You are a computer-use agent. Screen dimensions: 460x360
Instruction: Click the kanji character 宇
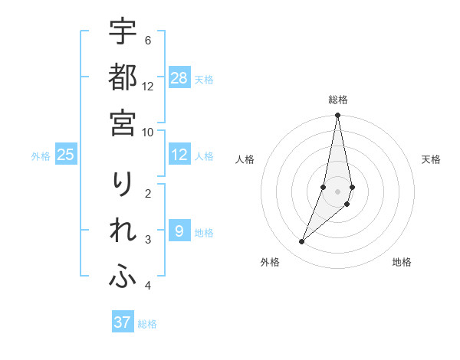123,32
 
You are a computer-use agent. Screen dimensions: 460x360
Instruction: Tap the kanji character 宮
123,122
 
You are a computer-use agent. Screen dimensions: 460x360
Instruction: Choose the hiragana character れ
123,232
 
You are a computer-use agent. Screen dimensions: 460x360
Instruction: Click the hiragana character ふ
123,278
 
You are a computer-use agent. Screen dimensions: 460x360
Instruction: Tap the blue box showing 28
179,77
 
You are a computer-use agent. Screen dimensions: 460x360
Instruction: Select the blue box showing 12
179,155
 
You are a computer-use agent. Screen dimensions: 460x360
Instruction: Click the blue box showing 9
179,231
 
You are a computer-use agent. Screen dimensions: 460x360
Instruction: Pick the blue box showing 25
66,155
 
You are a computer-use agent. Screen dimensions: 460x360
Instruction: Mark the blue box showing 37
122,322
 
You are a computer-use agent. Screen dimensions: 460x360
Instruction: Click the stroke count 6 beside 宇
147,41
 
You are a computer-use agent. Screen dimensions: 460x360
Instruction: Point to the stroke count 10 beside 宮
148,132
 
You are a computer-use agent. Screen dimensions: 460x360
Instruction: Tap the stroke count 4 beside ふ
147,286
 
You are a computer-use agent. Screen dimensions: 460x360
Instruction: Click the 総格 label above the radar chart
337,100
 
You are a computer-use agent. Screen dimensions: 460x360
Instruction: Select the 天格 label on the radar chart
431,159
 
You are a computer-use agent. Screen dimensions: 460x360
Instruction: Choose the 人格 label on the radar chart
245,159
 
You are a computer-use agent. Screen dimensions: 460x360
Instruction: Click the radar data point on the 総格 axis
337,116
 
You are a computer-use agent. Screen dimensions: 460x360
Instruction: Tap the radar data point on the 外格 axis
302,241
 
